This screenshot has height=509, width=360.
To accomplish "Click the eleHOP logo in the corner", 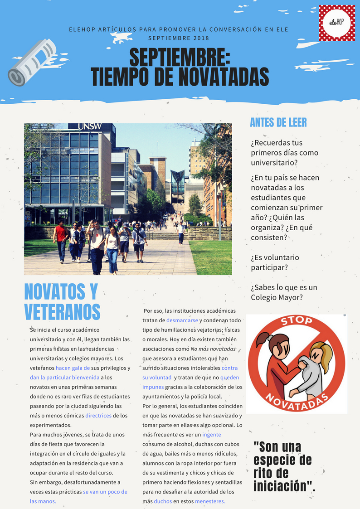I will point(337,23).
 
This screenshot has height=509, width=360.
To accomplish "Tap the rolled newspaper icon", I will point(31,62).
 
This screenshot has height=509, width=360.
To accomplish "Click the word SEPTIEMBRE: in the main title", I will point(180,58).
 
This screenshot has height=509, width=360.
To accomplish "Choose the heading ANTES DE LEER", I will point(278,122).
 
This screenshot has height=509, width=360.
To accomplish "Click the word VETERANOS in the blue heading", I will point(62,311).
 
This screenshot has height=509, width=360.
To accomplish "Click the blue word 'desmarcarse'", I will point(182,320).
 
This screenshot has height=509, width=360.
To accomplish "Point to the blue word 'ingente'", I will point(211,435).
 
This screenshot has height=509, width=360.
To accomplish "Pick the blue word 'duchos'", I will point(163,501).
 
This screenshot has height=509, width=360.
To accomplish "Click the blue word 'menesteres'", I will point(209,501).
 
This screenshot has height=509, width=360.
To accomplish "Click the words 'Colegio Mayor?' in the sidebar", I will point(277,297).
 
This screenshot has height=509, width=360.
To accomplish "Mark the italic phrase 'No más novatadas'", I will point(213,349).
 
